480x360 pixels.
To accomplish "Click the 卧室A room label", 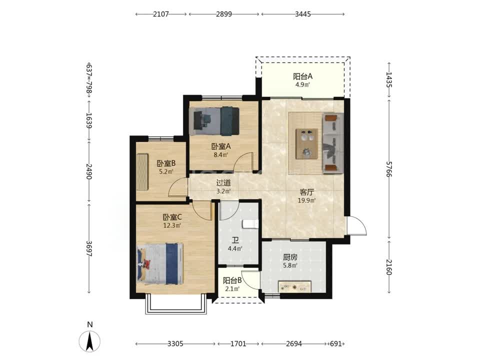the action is coord(221,146).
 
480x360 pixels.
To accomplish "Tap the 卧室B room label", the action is coord(166,163).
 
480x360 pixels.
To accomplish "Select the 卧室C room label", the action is coord(172,217).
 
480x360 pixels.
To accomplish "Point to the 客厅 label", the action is coord(306,192).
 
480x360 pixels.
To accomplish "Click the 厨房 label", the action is coord(289,257).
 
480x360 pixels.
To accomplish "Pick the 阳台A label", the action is coord(302,76).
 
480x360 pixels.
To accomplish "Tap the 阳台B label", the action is coord(232,280).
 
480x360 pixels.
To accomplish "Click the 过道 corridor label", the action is coord(223,183).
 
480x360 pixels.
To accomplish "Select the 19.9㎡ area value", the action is coord(306,201).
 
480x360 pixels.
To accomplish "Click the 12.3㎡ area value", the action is coord(172,226).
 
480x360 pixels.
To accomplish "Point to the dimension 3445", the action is coord(303,14).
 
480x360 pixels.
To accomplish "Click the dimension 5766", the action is coord(389,169).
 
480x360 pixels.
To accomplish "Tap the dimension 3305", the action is coord(175,344).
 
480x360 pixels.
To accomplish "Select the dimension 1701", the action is coord(238,344).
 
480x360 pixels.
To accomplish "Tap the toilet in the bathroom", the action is coord(250,224).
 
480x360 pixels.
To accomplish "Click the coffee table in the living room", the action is coord(306,143).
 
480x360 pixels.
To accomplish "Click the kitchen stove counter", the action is coord(295,286).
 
